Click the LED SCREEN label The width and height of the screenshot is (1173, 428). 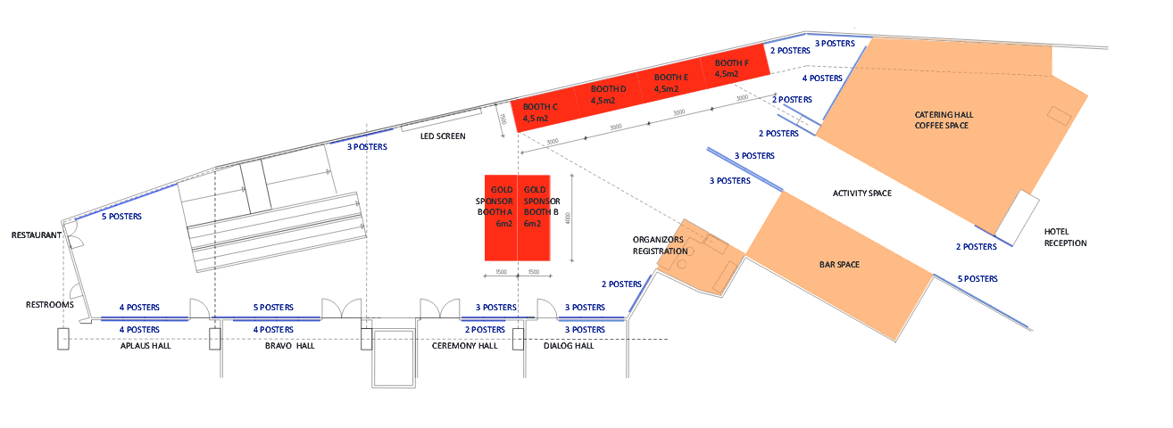(x=444, y=136)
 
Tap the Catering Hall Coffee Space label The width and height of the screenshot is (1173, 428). (x=942, y=120)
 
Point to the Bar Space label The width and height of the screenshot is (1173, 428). (x=839, y=265)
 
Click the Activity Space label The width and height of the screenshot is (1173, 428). (x=861, y=193)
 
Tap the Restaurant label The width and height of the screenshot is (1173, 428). (x=36, y=236)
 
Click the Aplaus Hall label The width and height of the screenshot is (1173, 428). (x=146, y=346)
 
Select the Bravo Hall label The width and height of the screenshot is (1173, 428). (x=289, y=346)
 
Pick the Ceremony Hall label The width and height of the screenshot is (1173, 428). (x=464, y=346)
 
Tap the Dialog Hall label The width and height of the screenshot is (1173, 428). (x=569, y=346)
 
